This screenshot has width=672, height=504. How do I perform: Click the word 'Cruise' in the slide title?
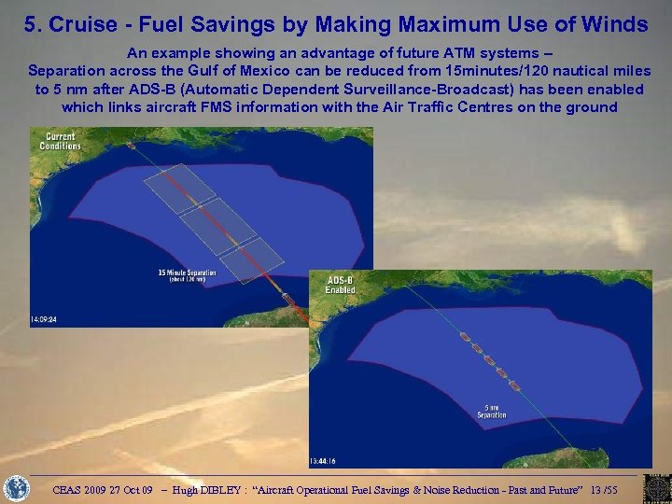click(x=77, y=24)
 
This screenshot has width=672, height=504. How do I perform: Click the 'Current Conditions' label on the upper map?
click(x=60, y=142)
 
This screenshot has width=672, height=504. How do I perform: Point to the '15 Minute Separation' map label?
click(x=187, y=274)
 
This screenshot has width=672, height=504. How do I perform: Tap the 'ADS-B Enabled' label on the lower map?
click(x=340, y=285)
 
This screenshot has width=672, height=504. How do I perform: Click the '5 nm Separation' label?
click(x=493, y=411)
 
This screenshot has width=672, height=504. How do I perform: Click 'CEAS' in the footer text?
click(x=69, y=489)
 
